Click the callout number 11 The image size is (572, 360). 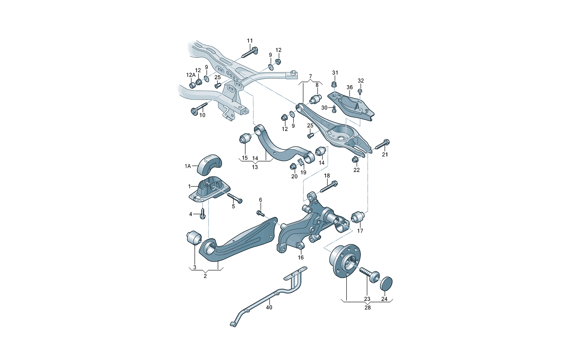250,41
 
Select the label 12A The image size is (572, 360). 191,75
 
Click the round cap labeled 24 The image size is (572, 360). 386,284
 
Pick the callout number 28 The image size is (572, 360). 368,308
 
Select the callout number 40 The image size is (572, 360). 269,307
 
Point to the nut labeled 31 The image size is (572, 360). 335,84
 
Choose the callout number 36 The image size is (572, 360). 350,87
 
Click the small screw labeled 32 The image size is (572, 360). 360,91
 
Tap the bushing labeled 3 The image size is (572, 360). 193,237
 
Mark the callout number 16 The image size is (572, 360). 301,258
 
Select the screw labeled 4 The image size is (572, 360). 203,214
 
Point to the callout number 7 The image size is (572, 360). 310,76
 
